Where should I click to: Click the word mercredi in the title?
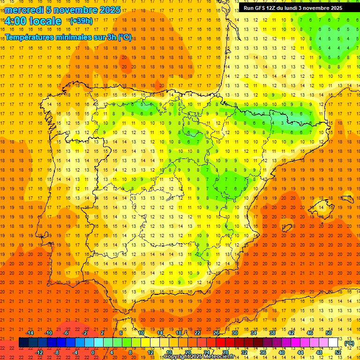pyautogui.click(x=24, y=10)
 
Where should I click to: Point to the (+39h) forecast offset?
pyautogui.click(x=81, y=21)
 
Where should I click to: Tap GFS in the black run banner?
pyautogui.click(x=261, y=8)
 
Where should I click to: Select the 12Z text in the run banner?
pyautogui.click(x=273, y=8)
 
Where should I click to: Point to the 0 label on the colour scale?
pyautogui.click(x=93, y=352)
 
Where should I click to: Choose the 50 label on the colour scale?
pyautogui.click(x=329, y=333)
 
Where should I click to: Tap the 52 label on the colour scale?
pyautogui.click(x=338, y=352)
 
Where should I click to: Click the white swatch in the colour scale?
pyautogui.click(x=333, y=343)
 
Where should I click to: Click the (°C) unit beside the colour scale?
pyautogui.click(x=349, y=343)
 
